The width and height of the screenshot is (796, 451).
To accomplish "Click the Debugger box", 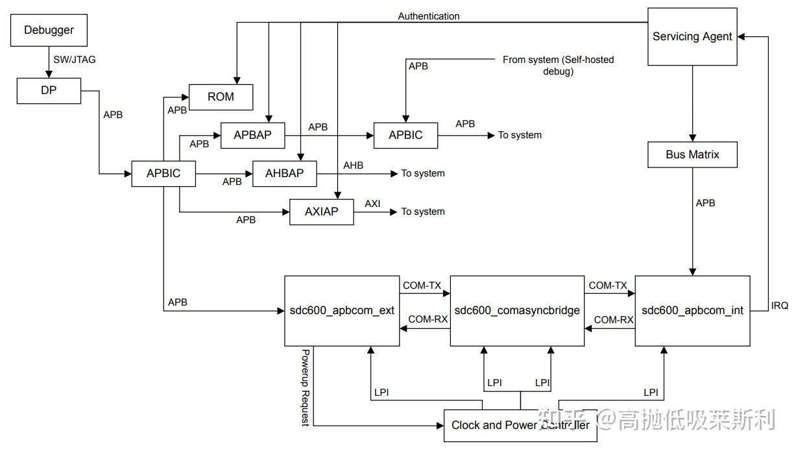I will click(x=49, y=30).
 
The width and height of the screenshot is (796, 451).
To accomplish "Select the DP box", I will click(x=49, y=91).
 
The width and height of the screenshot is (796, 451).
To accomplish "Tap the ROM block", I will click(x=221, y=97).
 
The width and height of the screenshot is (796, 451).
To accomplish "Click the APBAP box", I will click(x=252, y=135).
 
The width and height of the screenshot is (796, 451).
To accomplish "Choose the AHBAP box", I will click(x=285, y=173).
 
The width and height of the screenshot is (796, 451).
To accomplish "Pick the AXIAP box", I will click(x=321, y=212).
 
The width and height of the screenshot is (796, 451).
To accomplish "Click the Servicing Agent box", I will click(x=692, y=37).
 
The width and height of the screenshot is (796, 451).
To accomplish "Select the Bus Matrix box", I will click(x=692, y=155).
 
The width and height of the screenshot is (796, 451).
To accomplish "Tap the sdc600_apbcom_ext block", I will click(x=342, y=311).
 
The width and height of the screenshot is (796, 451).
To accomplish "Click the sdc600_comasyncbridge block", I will click(x=517, y=311).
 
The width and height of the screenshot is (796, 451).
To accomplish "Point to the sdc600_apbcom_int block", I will click(x=692, y=311).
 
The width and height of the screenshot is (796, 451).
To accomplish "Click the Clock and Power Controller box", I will click(x=520, y=425).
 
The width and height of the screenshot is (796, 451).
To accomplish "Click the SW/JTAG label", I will click(x=75, y=60).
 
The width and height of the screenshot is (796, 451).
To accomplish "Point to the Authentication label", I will click(x=429, y=16).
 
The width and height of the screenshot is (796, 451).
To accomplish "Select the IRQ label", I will click(x=779, y=306).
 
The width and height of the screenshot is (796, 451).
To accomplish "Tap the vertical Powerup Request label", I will click(x=305, y=387).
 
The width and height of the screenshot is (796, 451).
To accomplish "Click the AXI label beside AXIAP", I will click(x=372, y=204).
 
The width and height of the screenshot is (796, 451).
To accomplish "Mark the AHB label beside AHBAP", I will click(x=353, y=165).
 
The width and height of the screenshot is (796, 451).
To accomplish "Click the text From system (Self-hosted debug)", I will click(x=558, y=66).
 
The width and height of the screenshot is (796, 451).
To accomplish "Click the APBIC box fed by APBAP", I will click(x=405, y=135).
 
